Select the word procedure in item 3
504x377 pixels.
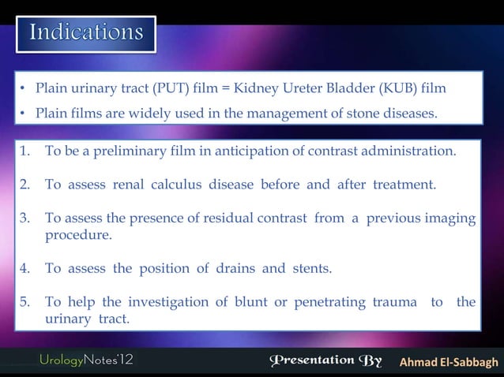(x=78, y=234)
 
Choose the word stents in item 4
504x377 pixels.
(x=310, y=268)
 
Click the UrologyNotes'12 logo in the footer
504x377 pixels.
(x=87, y=361)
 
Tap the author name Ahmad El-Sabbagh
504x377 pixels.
(x=448, y=362)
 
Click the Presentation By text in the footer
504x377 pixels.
(x=325, y=361)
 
